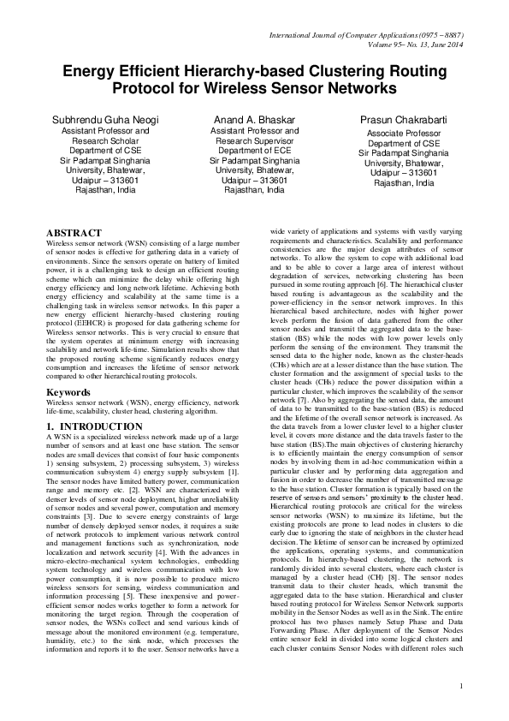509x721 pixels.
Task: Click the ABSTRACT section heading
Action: coord(74,233)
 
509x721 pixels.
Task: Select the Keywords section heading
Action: coord(70,390)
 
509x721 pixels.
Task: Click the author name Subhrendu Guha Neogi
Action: coord(106,119)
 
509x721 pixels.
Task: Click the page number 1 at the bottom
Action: coord(460,685)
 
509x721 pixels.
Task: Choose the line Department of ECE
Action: coord(254,151)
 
